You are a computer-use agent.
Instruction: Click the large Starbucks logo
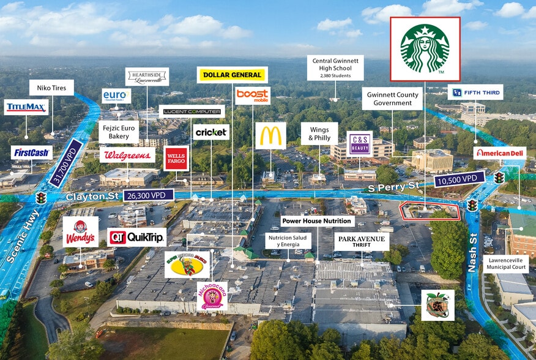click(x=425, y=48)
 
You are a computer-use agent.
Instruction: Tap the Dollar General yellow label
click(x=232, y=75)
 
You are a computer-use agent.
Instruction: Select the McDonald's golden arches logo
click(x=270, y=135)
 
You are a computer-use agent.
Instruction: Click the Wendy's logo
click(x=80, y=231)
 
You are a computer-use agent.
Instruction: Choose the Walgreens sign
click(x=127, y=155)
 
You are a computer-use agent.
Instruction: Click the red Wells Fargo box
click(x=176, y=159)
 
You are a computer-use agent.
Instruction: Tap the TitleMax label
click(x=26, y=108)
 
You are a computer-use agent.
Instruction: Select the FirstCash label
click(x=31, y=152)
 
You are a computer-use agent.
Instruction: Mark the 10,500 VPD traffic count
click(x=459, y=179)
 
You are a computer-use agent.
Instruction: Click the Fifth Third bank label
click(x=475, y=92)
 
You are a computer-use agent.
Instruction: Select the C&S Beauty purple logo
click(x=359, y=143)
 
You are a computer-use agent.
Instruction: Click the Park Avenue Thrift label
click(x=361, y=241)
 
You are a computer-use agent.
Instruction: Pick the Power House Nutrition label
click(x=317, y=220)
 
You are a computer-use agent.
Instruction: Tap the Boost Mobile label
click(x=253, y=95)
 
